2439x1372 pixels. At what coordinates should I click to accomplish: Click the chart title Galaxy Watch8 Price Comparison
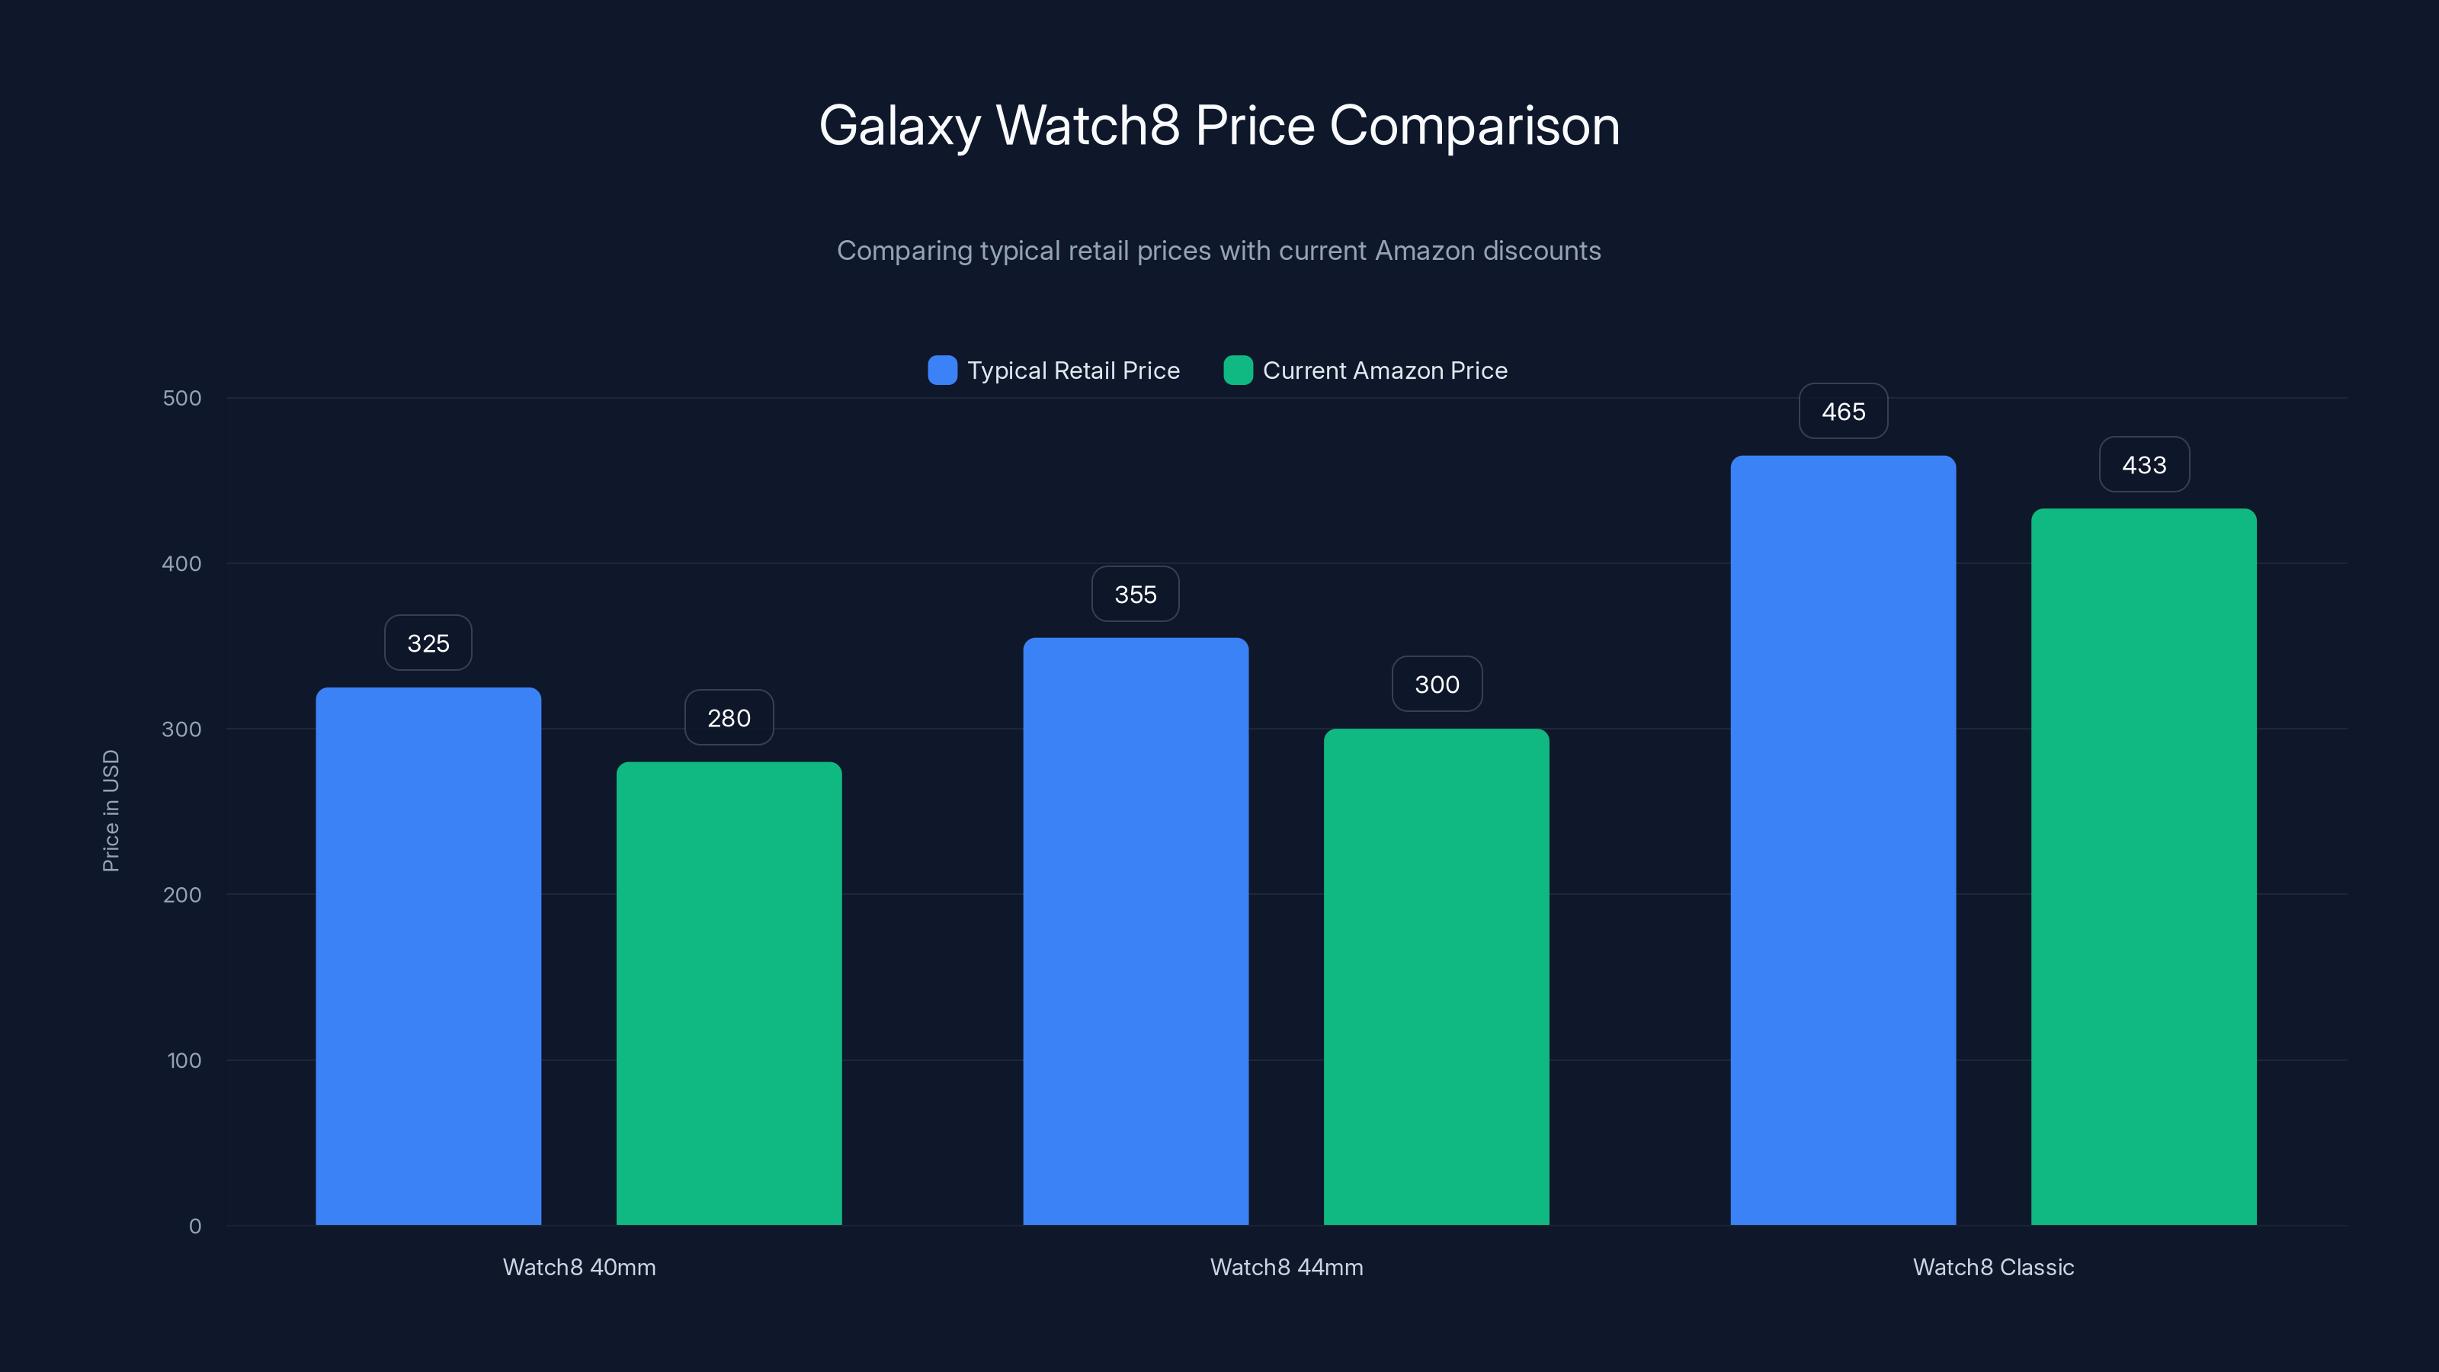click(1219, 126)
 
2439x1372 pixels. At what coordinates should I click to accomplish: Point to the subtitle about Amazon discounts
click(1219, 251)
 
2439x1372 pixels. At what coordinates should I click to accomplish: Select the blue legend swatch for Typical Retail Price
click(942, 370)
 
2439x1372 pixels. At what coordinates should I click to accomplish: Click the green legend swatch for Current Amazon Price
click(1238, 370)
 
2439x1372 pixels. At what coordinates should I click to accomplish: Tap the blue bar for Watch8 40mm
click(428, 957)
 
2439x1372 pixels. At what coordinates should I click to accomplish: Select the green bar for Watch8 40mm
click(729, 993)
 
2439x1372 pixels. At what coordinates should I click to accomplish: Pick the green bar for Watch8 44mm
click(1436, 976)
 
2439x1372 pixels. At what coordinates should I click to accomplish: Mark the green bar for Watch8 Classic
click(2143, 867)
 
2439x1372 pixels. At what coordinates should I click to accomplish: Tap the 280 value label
click(729, 718)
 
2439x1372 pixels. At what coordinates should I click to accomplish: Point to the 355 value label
click(1135, 595)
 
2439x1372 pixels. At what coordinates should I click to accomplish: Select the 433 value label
click(2143, 465)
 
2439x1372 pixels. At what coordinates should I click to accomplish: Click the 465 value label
click(1842, 412)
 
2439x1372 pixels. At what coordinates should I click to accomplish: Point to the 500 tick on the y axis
click(182, 399)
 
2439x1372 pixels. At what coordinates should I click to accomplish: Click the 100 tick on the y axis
click(184, 1060)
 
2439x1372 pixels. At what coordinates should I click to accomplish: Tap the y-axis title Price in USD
click(111, 810)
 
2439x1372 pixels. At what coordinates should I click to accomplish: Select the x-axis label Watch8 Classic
click(1993, 1267)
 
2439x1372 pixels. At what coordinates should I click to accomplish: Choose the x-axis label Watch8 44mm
click(1286, 1267)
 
